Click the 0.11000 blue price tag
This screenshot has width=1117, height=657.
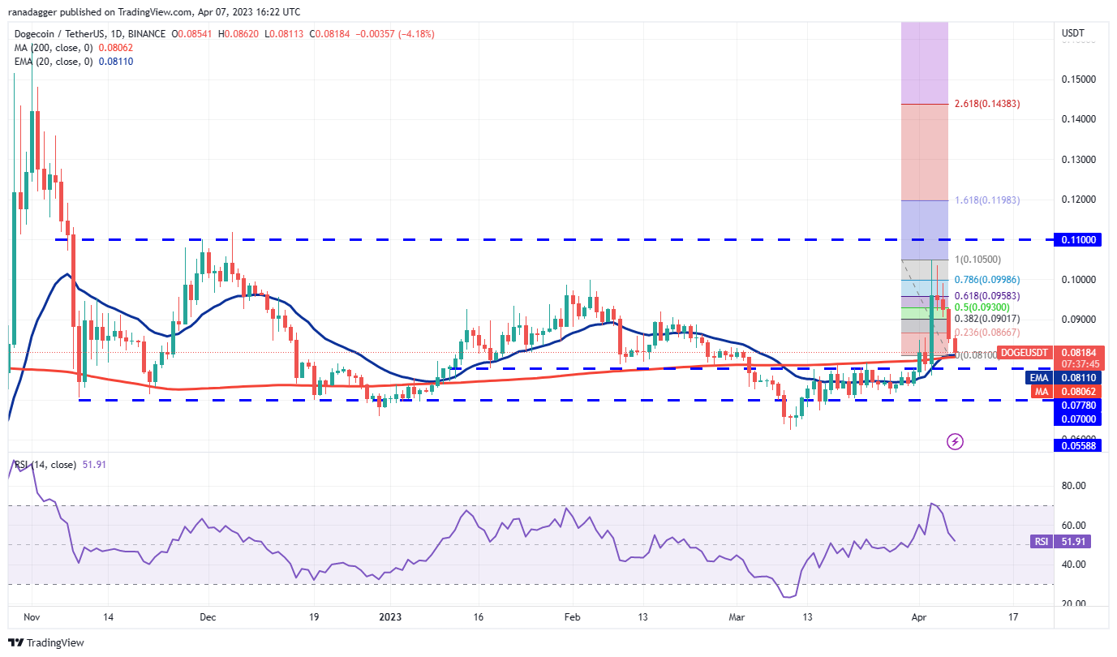[x=1077, y=240]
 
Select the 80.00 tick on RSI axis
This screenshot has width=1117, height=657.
[x=1072, y=486]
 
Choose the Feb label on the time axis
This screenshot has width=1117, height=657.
[x=572, y=616]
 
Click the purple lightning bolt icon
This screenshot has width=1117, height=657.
[x=955, y=441]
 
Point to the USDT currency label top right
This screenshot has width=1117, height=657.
[x=1073, y=33]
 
